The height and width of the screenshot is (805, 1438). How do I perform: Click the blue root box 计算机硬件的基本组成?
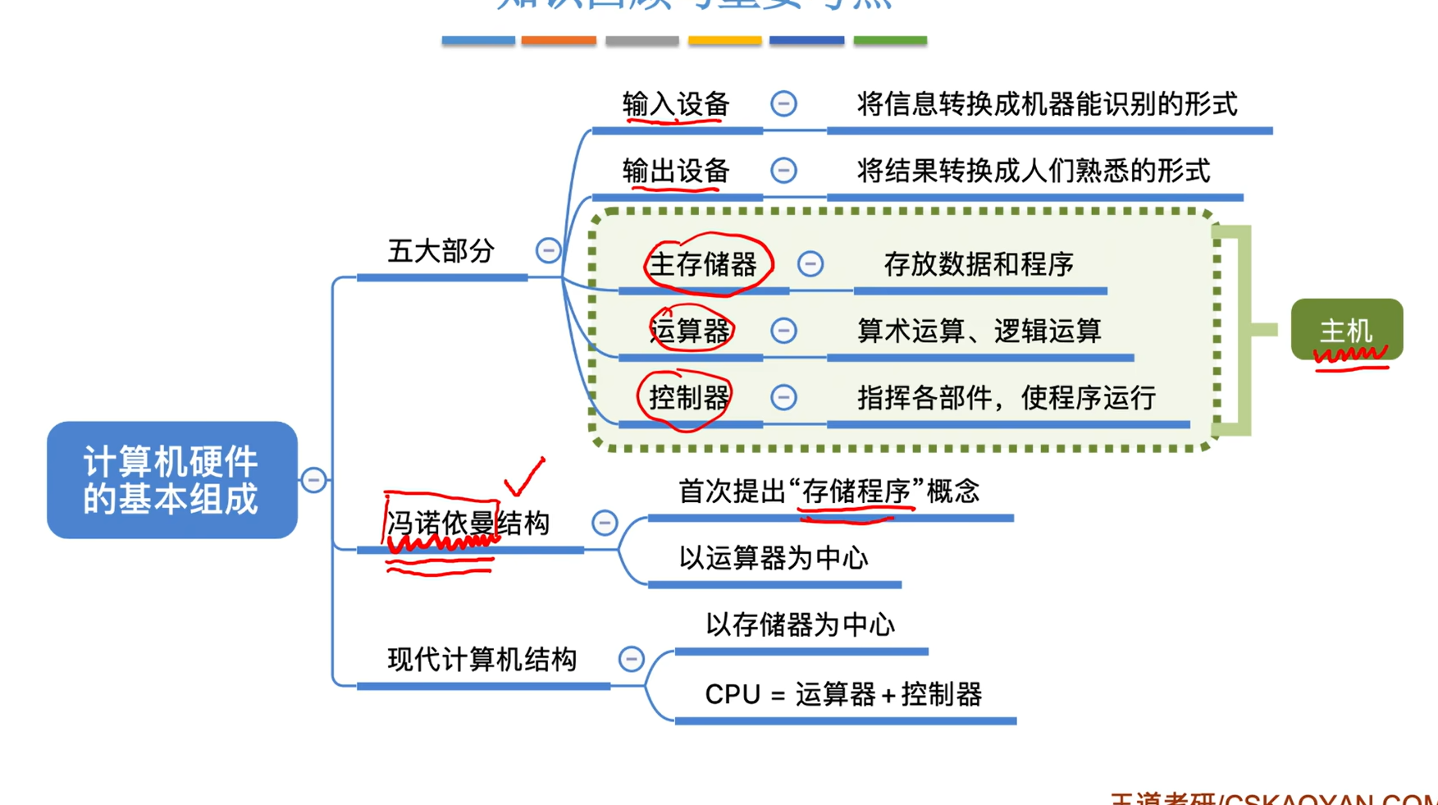click(x=171, y=480)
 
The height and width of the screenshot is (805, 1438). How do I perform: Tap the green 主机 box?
click(x=1346, y=330)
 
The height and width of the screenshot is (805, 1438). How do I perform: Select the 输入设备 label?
click(x=676, y=105)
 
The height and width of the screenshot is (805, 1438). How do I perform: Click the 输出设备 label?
click(x=676, y=172)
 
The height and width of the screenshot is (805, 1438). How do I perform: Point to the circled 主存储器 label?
click(x=703, y=265)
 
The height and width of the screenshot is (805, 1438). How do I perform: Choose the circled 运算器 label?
click(x=690, y=331)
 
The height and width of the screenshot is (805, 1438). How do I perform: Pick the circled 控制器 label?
click(x=689, y=398)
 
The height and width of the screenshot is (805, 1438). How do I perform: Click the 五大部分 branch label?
click(x=441, y=251)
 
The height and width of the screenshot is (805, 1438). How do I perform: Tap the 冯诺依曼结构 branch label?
click(x=468, y=524)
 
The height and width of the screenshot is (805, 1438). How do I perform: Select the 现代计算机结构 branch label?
click(x=482, y=659)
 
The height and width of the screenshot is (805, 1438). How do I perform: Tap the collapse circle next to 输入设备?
click(x=783, y=104)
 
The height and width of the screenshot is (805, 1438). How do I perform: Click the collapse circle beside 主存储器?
click(x=810, y=264)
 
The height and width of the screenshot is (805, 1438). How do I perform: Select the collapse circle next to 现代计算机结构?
click(x=631, y=659)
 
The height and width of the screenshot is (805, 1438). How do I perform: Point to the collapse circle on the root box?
click(x=313, y=480)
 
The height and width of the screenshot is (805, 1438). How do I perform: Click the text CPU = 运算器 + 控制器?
click(x=843, y=695)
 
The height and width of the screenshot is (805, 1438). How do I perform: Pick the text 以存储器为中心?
click(x=800, y=625)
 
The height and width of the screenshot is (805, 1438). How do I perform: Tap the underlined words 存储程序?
click(x=856, y=492)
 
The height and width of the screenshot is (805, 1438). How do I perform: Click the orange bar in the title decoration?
click(x=559, y=40)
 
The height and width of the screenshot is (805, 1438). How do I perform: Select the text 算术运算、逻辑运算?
click(x=979, y=331)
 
